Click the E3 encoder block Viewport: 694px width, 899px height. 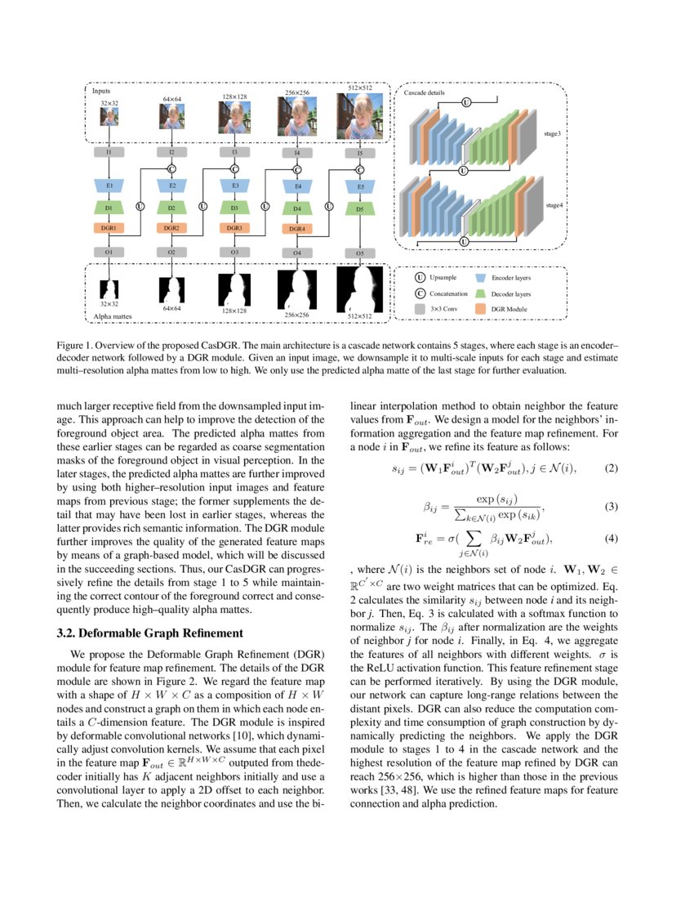click(234, 186)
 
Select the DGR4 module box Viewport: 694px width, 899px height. click(297, 229)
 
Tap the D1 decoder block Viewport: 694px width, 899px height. click(109, 208)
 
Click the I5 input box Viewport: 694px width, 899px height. click(360, 153)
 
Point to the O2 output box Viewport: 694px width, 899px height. click(171, 253)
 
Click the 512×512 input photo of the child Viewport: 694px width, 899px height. click(359, 115)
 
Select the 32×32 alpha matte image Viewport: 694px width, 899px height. click(109, 288)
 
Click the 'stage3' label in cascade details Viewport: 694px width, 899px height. click(553, 132)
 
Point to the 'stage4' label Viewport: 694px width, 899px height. click(553, 206)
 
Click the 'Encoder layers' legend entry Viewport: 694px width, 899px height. click(510, 279)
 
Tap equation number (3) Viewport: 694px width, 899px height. click(611, 507)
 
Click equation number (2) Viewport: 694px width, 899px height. click(611, 468)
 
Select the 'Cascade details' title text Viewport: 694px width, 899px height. click(425, 93)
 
